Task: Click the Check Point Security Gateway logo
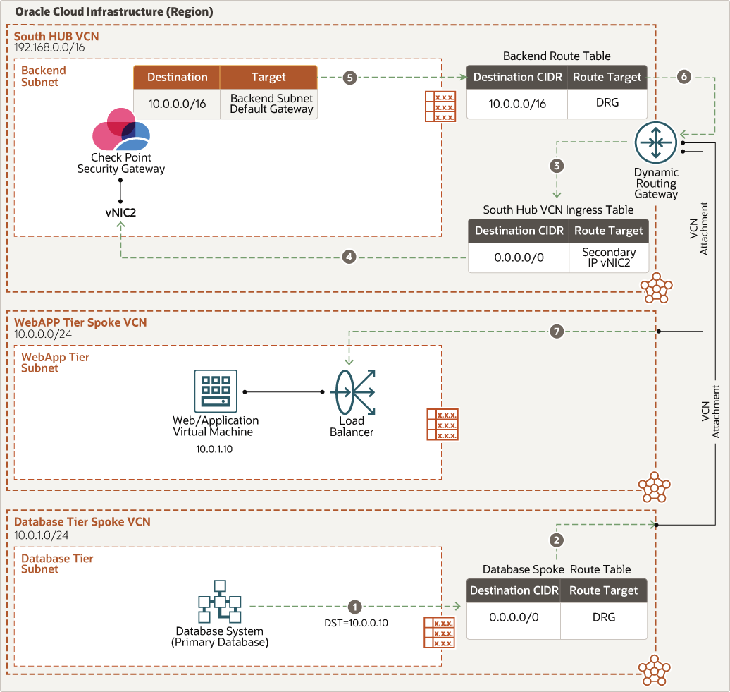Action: (x=121, y=130)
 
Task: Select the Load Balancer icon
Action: (x=352, y=393)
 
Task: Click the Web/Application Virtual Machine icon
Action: (x=216, y=391)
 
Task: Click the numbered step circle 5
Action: (x=350, y=78)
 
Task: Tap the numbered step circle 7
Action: (x=557, y=331)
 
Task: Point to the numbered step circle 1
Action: (x=354, y=606)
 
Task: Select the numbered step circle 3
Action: (x=557, y=166)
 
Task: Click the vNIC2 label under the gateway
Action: (x=120, y=211)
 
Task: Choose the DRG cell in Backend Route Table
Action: (x=607, y=103)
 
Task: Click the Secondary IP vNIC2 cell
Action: (x=608, y=258)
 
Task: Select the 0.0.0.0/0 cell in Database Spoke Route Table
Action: (x=514, y=617)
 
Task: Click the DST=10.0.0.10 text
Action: (x=355, y=623)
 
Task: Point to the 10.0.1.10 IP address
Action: (x=216, y=448)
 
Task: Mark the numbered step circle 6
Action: (x=683, y=78)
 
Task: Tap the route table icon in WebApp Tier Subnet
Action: (x=442, y=425)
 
